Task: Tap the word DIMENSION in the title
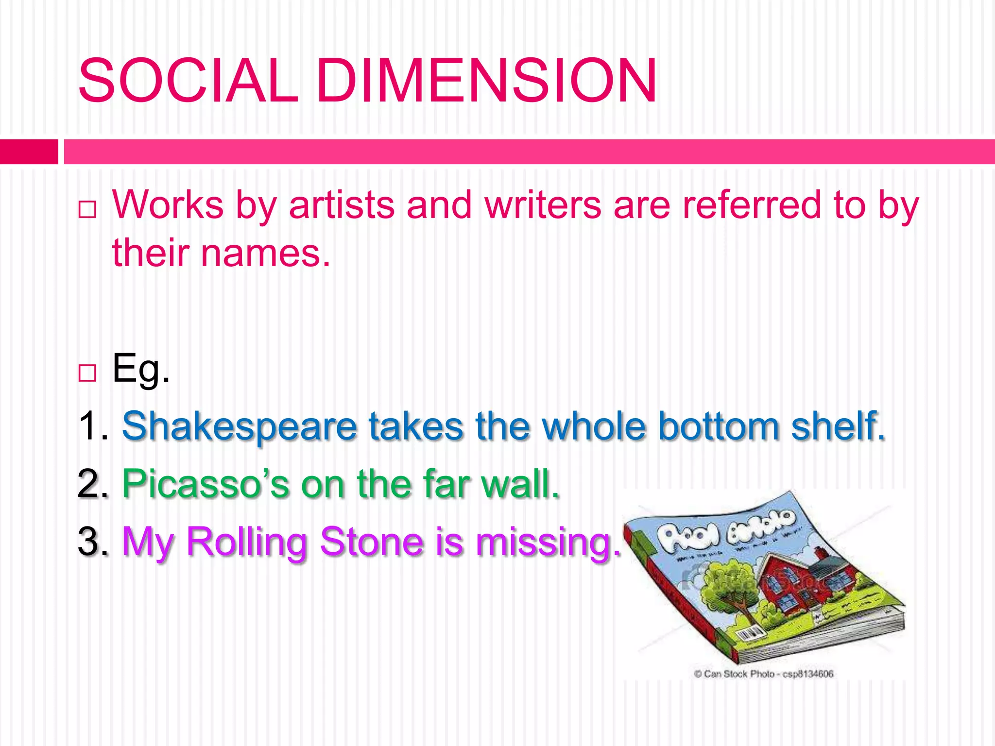[487, 81]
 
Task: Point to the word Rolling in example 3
[246, 543]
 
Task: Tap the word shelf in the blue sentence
[837, 426]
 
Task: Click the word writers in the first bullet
[543, 205]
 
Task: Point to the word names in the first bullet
[265, 254]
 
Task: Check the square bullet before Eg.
[87, 373]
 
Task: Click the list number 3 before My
[88, 542]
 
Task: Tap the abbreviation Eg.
[141, 369]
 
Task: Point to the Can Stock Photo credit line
[764, 674]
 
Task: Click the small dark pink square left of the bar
[29, 152]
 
